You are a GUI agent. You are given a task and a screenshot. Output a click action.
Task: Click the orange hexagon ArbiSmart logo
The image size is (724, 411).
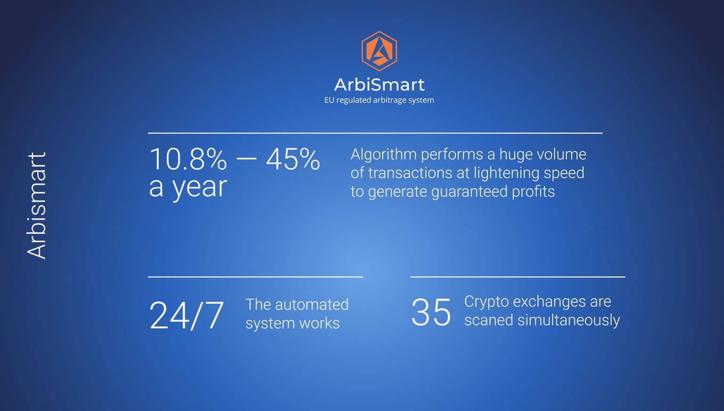(x=379, y=51)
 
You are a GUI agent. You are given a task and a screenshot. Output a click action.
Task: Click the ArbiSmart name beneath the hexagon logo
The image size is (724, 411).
(x=379, y=85)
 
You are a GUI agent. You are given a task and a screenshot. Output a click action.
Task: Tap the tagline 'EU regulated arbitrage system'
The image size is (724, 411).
(x=379, y=100)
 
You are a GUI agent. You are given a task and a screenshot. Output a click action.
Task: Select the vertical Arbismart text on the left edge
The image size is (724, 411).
(x=36, y=205)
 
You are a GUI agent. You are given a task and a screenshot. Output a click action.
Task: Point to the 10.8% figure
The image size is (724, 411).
(x=188, y=159)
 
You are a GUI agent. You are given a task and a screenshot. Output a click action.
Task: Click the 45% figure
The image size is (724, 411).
(x=293, y=159)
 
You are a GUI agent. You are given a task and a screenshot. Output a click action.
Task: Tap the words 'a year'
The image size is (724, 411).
(x=188, y=188)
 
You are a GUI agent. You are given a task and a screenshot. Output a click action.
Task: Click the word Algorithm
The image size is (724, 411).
(x=384, y=155)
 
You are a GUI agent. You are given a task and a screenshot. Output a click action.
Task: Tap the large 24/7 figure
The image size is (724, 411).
(x=187, y=315)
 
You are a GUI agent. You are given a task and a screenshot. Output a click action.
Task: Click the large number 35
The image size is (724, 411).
(x=431, y=312)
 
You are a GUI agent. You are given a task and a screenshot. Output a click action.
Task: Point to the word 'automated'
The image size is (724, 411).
(x=312, y=304)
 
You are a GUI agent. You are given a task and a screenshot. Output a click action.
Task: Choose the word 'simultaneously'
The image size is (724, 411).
(x=568, y=321)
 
